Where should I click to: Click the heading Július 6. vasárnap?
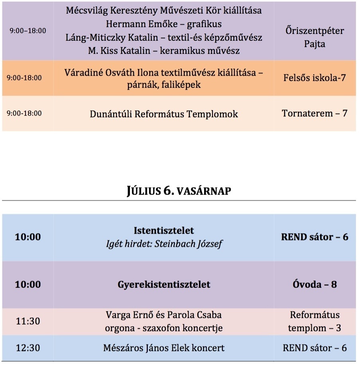pyautogui.click(x=179, y=191)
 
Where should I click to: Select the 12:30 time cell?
pyautogui.click(x=28, y=348)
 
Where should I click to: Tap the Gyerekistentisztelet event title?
pyautogui.click(x=164, y=284)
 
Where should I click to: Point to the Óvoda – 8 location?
pyautogui.click(x=315, y=284)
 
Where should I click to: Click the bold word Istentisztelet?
pyautogui.click(x=164, y=230)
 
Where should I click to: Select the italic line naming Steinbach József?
pyautogui.click(x=164, y=243)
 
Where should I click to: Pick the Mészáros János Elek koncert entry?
pyautogui.click(x=164, y=348)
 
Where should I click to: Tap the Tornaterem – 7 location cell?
pyautogui.click(x=315, y=113)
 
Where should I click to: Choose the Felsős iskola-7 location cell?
pyautogui.click(x=315, y=78)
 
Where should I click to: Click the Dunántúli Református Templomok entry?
pyautogui.click(x=164, y=114)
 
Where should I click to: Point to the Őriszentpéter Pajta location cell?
pyautogui.click(x=315, y=37)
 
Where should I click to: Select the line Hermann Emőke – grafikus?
pyautogui.click(x=164, y=24)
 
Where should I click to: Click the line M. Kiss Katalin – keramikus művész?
pyautogui.click(x=164, y=51)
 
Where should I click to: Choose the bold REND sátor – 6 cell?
pyautogui.click(x=315, y=237)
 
